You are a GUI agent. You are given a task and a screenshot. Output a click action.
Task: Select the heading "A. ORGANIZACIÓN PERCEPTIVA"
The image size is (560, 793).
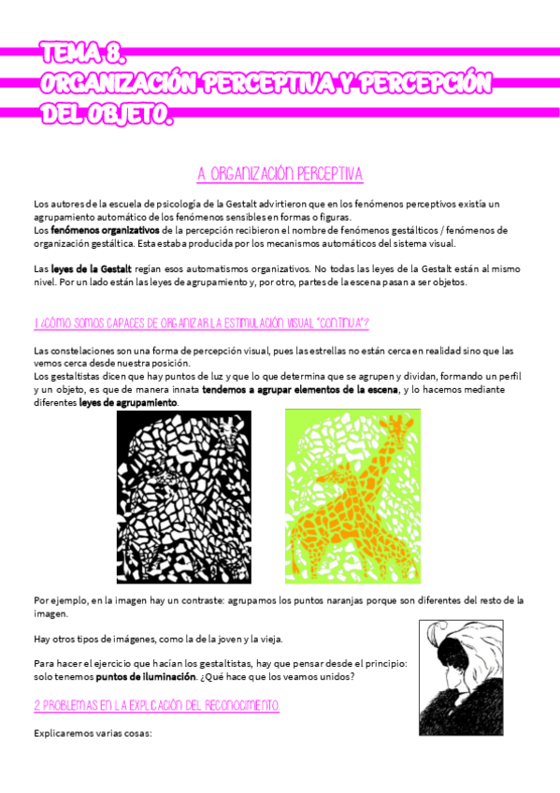[280, 175]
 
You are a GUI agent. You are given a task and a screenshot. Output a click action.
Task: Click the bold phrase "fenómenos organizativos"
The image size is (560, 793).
[104, 229]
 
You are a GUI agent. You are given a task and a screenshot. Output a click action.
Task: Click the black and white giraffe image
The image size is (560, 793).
[184, 484]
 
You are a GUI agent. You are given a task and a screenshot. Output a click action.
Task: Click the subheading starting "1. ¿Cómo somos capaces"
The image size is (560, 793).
[201, 324]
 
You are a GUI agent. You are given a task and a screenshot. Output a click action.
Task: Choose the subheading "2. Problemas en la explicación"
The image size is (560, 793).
[155, 704]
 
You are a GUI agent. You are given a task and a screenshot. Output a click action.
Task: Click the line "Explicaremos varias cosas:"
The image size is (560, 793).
[92, 733]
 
